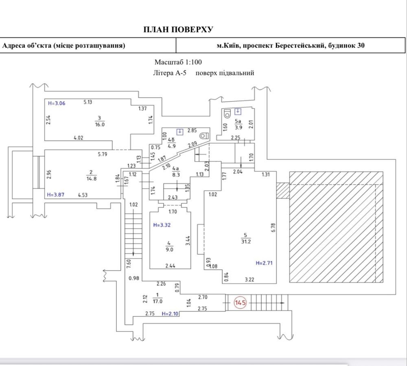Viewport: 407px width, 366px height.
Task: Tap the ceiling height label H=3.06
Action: click(x=56, y=103)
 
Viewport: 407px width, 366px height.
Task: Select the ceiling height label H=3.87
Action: click(x=56, y=194)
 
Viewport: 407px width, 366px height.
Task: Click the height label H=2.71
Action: click(x=264, y=263)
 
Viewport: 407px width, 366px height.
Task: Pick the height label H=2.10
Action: click(x=170, y=314)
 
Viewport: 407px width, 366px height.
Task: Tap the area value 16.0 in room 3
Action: click(x=99, y=124)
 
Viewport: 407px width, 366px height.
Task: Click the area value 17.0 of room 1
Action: click(x=158, y=301)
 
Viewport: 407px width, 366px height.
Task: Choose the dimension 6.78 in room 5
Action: click(x=273, y=228)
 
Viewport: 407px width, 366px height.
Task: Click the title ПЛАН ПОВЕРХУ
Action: click(x=178, y=29)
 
